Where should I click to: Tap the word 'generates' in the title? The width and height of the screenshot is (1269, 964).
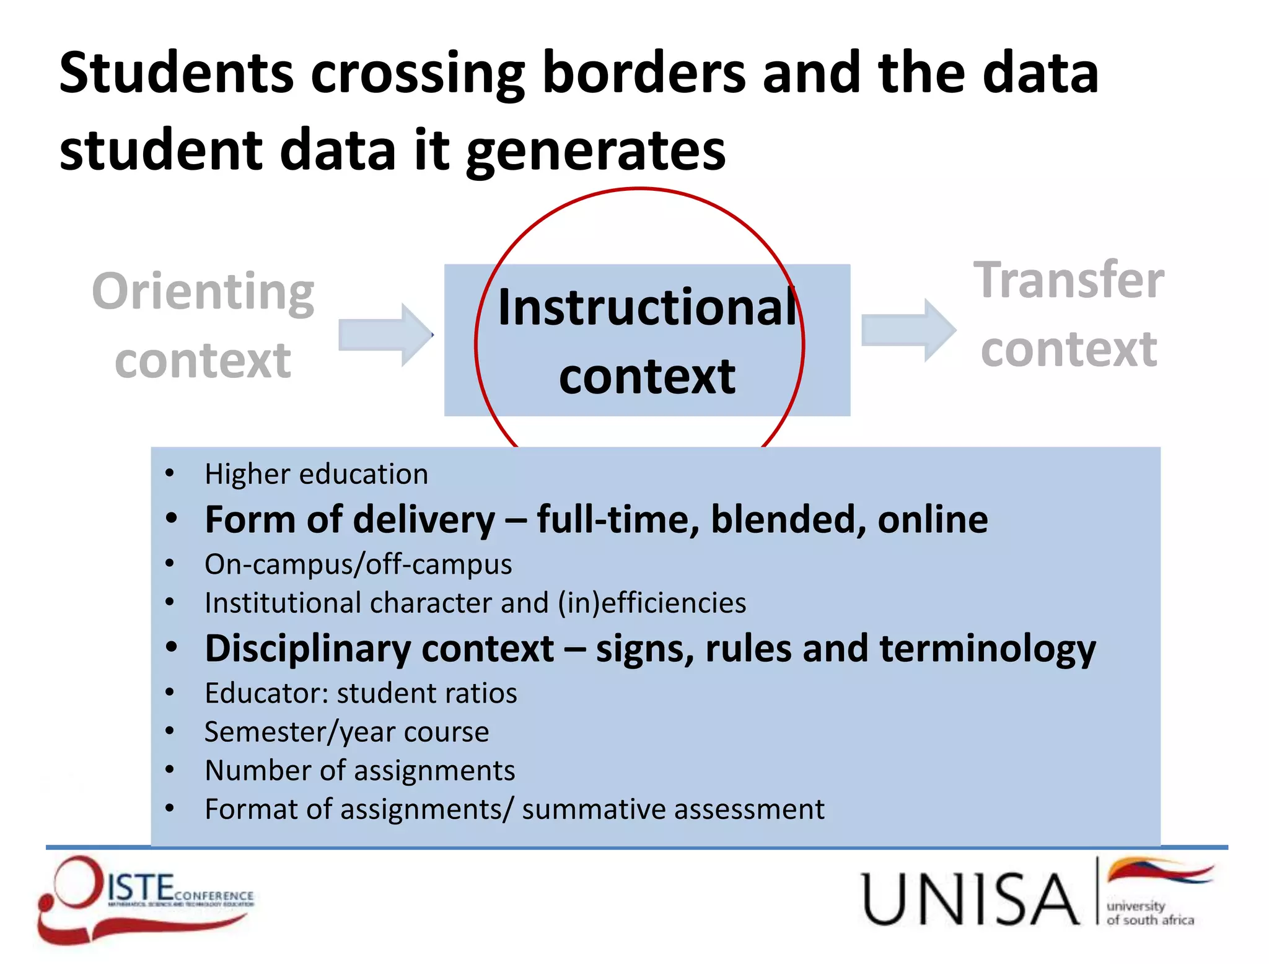pos(595,152)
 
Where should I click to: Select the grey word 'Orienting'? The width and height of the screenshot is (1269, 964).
pos(203,291)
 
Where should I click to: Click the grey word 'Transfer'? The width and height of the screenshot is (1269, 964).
pos(1069,280)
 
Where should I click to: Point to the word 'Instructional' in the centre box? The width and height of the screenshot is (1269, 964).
pos(647,307)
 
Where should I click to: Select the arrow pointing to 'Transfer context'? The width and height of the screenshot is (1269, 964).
pos(908,330)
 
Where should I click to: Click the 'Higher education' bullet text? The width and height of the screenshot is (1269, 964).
pos(316,474)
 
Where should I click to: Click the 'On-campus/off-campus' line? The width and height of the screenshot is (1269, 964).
pos(358,564)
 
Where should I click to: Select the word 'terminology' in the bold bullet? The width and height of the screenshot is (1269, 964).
pos(988,649)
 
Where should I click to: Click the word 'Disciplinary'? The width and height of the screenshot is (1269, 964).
pos(308,649)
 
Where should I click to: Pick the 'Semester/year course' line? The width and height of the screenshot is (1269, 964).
pos(346,732)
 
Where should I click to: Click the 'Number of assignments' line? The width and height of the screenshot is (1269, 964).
pos(359,771)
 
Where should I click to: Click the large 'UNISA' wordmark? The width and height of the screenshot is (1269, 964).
pos(970,898)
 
